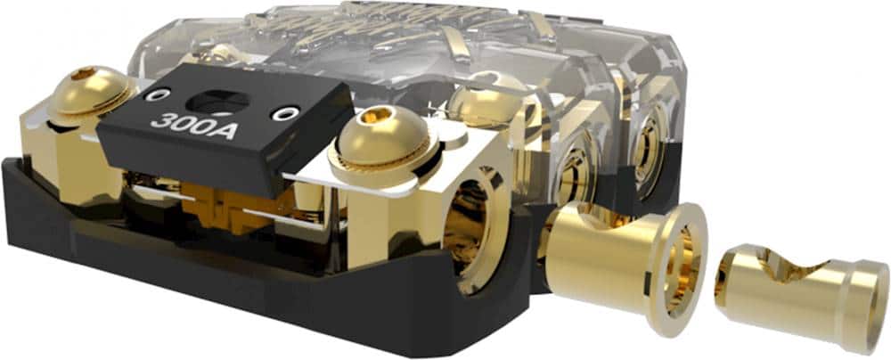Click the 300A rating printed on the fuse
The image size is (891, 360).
tap(182, 121)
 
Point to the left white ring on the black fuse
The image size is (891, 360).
tap(159, 94)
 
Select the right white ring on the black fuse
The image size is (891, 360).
tap(285, 113)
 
